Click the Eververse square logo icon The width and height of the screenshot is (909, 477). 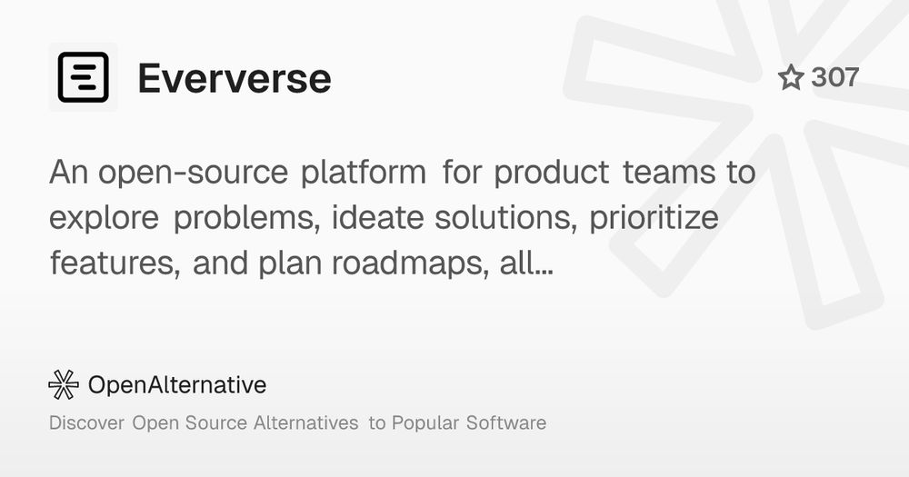[x=84, y=77]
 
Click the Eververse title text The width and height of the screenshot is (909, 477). [x=235, y=78]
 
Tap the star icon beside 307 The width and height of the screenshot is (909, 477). [x=791, y=77]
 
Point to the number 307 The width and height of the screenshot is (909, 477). [x=834, y=77]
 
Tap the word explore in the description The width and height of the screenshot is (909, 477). [x=104, y=218]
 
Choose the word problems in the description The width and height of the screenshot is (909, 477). [x=246, y=218]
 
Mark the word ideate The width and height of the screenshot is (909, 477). [x=377, y=217]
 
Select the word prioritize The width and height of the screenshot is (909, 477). [x=654, y=218]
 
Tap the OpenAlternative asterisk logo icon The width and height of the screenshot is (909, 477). [x=64, y=385]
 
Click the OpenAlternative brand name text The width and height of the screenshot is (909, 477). [x=177, y=385]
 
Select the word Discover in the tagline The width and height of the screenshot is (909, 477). [x=87, y=422]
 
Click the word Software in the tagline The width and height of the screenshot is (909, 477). [x=506, y=422]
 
